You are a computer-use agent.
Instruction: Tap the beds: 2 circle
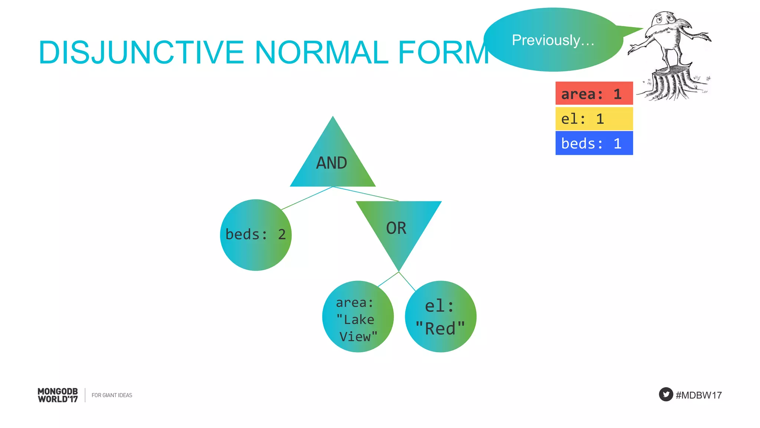256,235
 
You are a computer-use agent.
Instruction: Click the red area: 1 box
594,94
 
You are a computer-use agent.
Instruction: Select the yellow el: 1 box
594,119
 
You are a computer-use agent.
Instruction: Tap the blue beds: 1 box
594,143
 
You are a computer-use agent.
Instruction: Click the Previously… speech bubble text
553,40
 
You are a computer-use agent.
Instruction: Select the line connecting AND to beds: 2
307,198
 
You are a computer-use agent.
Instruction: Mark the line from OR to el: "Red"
407,282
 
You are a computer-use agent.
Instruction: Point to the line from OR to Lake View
388,279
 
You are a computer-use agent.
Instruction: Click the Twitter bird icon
666,395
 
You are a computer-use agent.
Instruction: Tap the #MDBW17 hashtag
698,395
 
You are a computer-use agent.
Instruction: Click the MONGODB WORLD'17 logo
58,395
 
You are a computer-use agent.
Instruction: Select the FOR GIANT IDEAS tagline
112,395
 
